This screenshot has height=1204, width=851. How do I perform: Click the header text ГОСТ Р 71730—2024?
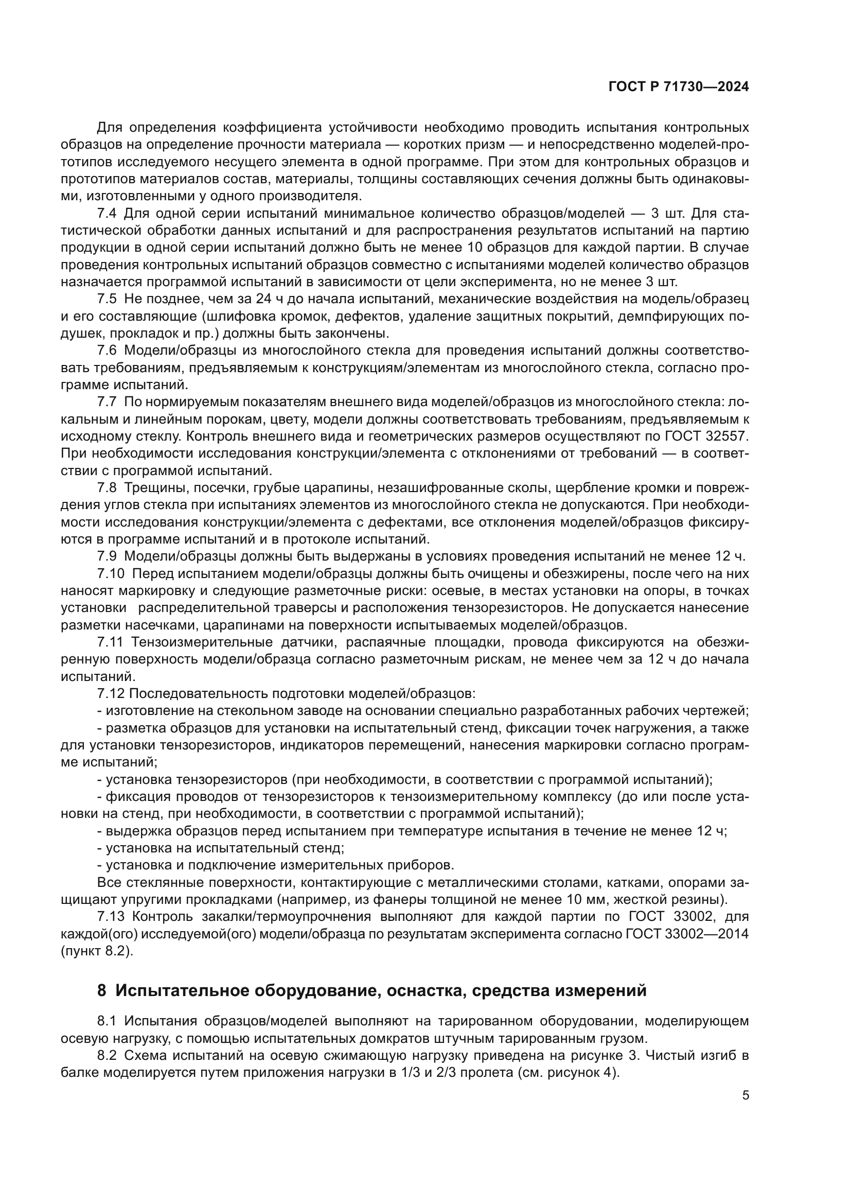678,88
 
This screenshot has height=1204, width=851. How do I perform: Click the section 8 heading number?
102,991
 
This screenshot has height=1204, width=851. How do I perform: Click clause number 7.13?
111,917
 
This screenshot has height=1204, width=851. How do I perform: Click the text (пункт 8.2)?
97,951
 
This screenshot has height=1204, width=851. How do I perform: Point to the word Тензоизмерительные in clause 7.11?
201,642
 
